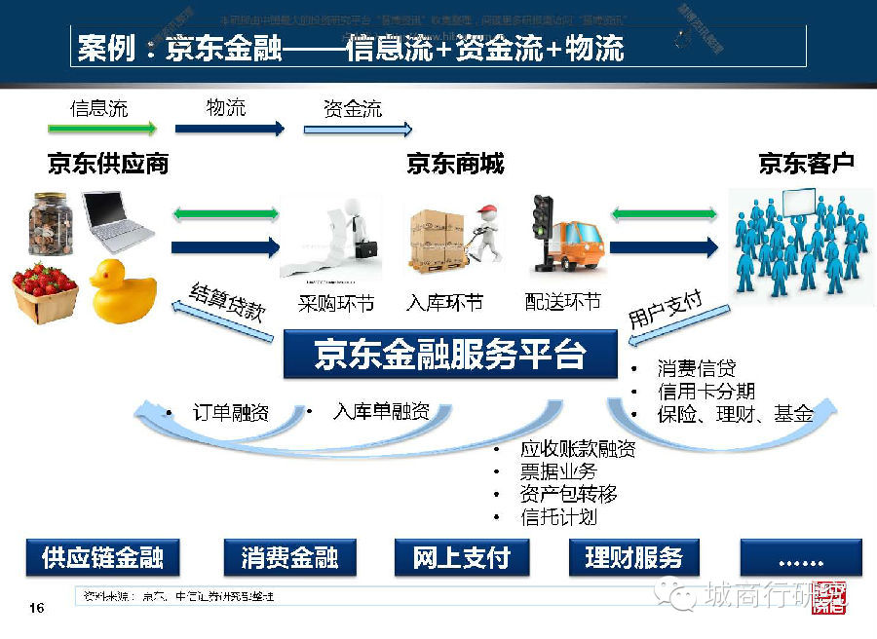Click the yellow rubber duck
[x=124, y=290]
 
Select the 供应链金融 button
[x=102, y=557]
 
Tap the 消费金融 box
[x=289, y=557]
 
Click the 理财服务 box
[x=633, y=557]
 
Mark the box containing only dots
[x=801, y=557]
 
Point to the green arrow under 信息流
[x=102, y=129]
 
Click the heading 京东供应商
[x=108, y=164]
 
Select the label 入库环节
[x=444, y=302]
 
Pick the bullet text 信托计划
[x=558, y=517]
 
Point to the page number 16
[x=37, y=609]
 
